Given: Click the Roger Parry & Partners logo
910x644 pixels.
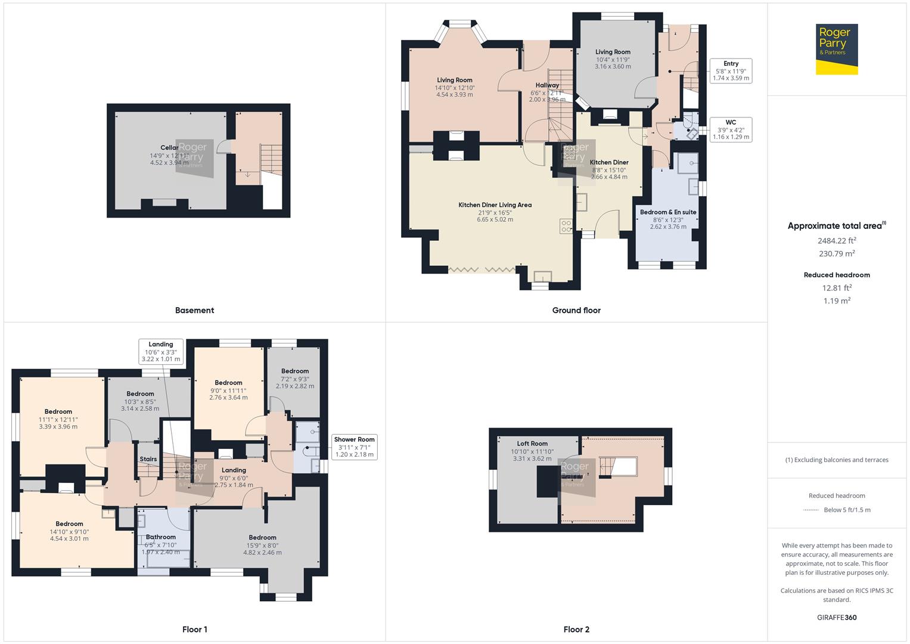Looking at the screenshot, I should pyautogui.click(x=836, y=49).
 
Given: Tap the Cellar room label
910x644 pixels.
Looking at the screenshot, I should pyautogui.click(x=169, y=148).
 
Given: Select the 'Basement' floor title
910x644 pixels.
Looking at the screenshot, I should pyautogui.click(x=194, y=310).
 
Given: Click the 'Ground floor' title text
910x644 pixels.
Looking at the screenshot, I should pyautogui.click(x=576, y=310).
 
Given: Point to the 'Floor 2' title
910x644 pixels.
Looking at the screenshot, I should pyautogui.click(x=576, y=629).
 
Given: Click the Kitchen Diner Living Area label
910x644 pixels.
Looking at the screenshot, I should pyautogui.click(x=495, y=205).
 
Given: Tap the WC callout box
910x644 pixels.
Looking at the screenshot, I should pyautogui.click(x=731, y=129).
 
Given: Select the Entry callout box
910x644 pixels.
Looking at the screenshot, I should pyautogui.click(x=731, y=70).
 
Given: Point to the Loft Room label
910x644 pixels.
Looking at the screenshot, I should pyautogui.click(x=532, y=444).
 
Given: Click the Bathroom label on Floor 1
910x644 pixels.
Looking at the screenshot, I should pyautogui.click(x=160, y=537).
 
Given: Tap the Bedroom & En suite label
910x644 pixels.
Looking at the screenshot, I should pyautogui.click(x=668, y=212).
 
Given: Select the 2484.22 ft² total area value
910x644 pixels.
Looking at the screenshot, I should pyautogui.click(x=837, y=241).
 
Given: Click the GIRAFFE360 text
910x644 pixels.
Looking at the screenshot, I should pyautogui.click(x=837, y=617).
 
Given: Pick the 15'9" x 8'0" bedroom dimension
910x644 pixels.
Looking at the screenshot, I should pyautogui.click(x=262, y=545).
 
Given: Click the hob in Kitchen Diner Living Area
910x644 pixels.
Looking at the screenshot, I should pyautogui.click(x=566, y=227).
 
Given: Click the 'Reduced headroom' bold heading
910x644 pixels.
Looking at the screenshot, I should pyautogui.click(x=837, y=275).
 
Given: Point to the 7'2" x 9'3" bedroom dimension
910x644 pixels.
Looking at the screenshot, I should pyautogui.click(x=295, y=379).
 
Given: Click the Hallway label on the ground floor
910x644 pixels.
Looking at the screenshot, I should pyautogui.click(x=547, y=85).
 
